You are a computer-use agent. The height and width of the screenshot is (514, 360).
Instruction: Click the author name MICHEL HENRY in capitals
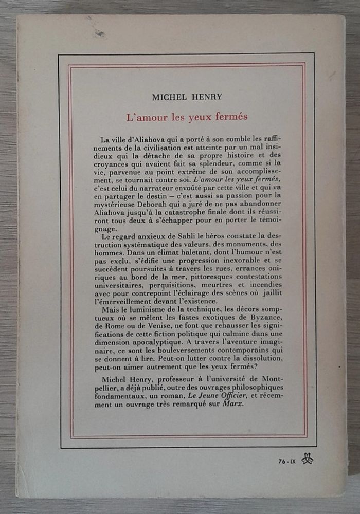pyautogui.click(x=187, y=96)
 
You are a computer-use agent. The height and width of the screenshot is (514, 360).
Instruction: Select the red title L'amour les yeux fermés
pyautogui.click(x=187, y=116)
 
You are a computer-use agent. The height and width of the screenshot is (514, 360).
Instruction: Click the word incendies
pyautogui.click(x=265, y=284)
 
